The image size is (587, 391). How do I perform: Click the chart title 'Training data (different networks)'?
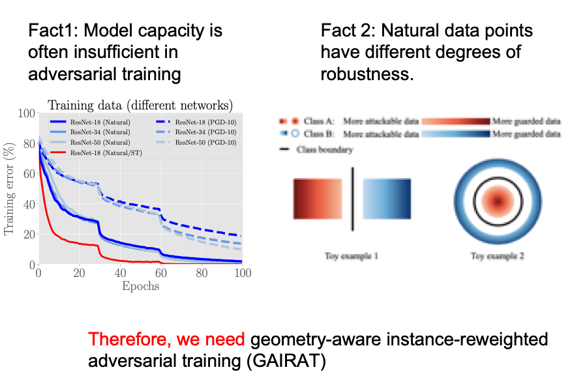pos(140,105)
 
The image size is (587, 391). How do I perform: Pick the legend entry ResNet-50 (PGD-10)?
pos(204,141)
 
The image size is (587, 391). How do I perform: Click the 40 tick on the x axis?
pos(120,273)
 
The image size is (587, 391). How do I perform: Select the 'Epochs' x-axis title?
pos(140,285)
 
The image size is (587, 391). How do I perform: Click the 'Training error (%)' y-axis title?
pos(9,189)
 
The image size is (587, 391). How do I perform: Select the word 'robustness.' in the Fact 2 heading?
pos(367,74)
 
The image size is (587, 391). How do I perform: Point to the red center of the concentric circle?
pos(498,201)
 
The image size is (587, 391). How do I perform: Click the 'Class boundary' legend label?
pos(325,150)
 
